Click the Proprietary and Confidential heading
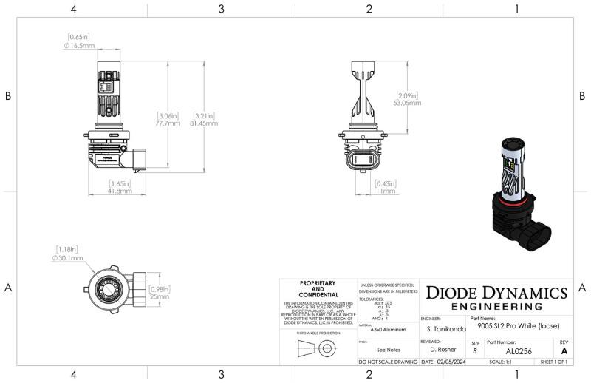tap(318, 289)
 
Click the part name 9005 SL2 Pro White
tap(519, 326)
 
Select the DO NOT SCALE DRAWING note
tap(388, 362)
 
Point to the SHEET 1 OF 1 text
tap(554, 362)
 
